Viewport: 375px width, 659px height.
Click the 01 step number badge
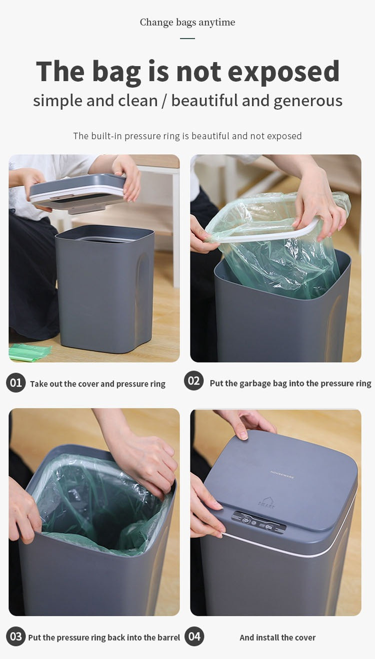[x=16, y=383]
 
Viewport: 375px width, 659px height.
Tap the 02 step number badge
[x=194, y=381]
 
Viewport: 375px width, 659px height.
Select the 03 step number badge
[x=16, y=637]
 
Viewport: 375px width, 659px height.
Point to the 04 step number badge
[x=194, y=636]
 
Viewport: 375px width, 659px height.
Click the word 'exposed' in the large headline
[x=283, y=72]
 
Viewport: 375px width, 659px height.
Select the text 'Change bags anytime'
[x=187, y=22]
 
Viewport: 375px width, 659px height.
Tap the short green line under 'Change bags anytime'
[x=187, y=38]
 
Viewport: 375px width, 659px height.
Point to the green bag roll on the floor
[x=29, y=352]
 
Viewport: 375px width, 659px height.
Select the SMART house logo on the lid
[x=266, y=502]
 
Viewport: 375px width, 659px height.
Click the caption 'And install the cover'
[x=277, y=637]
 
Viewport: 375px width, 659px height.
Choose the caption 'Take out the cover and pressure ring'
[x=97, y=384]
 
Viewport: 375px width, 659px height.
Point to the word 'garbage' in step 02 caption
[x=254, y=383]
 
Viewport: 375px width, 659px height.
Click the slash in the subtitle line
[x=164, y=101]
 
